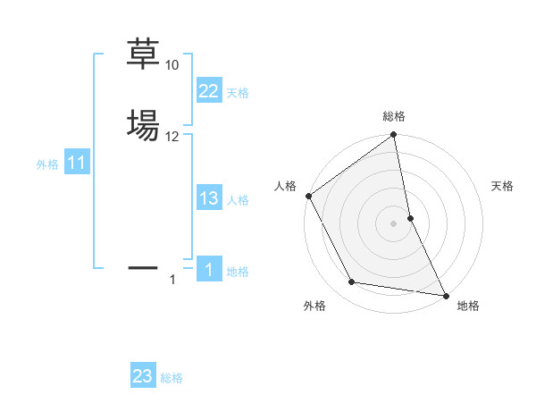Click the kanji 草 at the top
pos(143,55)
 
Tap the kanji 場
pos(143,124)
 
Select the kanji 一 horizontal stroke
pos(143,266)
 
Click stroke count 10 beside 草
pos(172,65)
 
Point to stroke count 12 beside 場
pos(172,136)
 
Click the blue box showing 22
pos(208,91)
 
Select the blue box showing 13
pos(208,198)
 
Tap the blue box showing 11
pos(76,164)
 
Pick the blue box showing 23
pos(143,376)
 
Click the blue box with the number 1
pos(208,270)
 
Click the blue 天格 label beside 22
pos(238,93)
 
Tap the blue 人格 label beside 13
pos(238,200)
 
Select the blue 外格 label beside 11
pos(47,164)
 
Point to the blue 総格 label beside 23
pos(172,378)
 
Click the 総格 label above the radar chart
pos(394,116)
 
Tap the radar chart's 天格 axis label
pos(503,186)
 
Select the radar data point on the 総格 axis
pos(394,136)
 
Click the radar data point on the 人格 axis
pos(308,195)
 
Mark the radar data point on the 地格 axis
pos(445,294)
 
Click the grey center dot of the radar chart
pos(394,223)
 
